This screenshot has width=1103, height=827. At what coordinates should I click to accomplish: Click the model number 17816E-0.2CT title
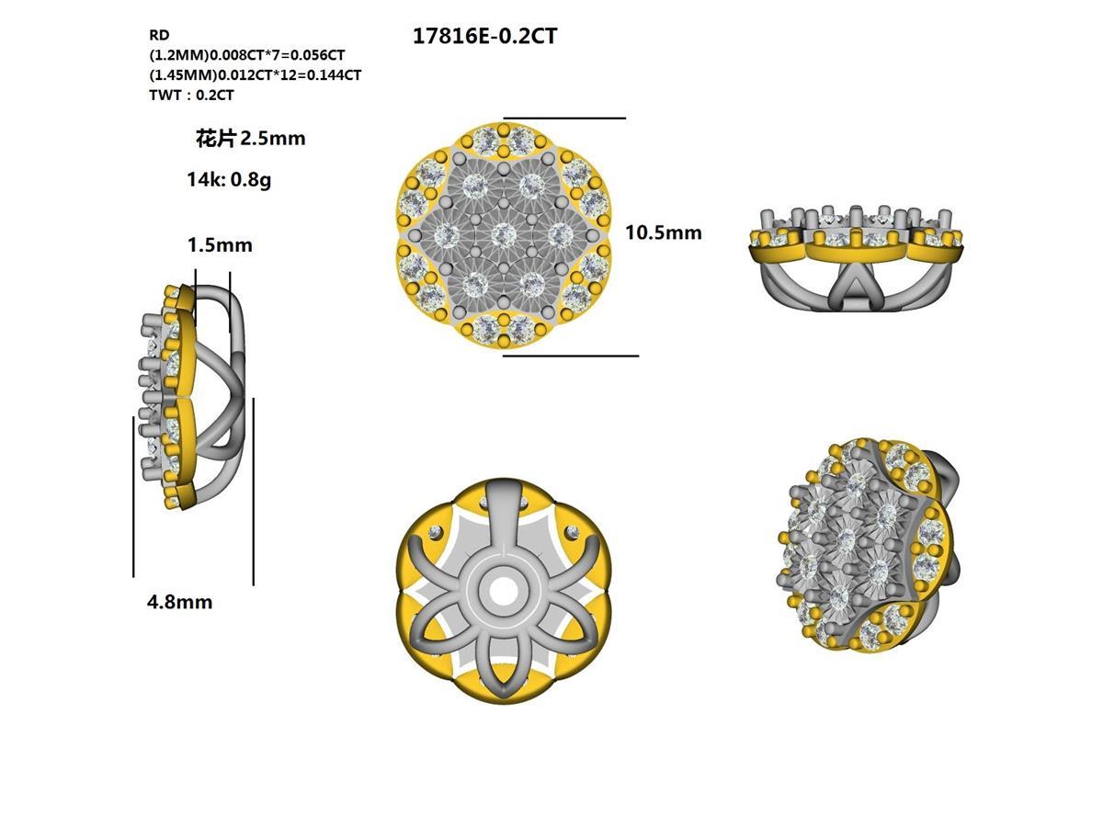[x=485, y=37]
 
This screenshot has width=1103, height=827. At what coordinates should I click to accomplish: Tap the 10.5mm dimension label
[x=663, y=233]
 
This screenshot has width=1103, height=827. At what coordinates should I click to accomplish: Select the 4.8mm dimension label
[x=179, y=603]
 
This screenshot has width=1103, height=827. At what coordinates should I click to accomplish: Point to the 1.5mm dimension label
[x=220, y=245]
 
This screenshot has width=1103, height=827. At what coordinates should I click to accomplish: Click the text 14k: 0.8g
[x=229, y=180]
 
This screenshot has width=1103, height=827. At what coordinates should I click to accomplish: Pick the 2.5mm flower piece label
[x=250, y=139]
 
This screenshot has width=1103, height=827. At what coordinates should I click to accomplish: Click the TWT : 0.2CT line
[x=191, y=96]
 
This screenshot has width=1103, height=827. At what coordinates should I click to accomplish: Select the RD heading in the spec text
[x=159, y=35]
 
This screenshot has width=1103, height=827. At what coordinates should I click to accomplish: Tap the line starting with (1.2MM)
[x=246, y=55]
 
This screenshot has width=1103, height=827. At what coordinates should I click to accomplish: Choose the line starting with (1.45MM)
[x=255, y=75]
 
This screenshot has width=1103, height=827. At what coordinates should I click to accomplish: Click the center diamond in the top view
[x=503, y=236]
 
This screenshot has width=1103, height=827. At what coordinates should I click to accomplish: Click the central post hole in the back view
[x=503, y=590]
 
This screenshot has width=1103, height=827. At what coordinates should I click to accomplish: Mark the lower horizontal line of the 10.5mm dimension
[x=570, y=356]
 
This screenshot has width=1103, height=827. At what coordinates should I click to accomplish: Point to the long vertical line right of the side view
[x=253, y=492]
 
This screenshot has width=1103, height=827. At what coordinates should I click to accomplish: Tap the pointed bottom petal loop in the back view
[x=503, y=666]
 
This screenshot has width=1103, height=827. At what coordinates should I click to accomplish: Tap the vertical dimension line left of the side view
[x=134, y=496]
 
